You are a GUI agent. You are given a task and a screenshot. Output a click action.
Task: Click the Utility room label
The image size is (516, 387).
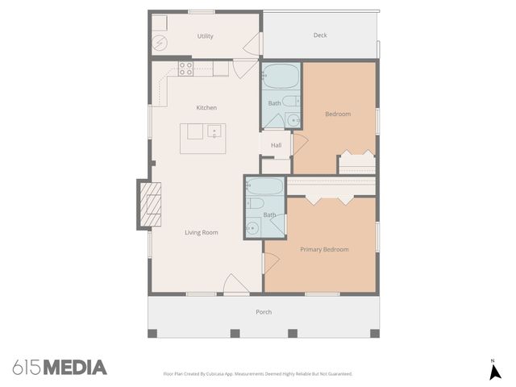tap(205, 36)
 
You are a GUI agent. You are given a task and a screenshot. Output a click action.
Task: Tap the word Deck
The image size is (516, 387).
tap(320, 35)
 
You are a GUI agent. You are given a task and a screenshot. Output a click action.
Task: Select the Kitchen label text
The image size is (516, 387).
tap(206, 108)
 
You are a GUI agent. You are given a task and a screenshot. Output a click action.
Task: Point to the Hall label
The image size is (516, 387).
tap(276, 145)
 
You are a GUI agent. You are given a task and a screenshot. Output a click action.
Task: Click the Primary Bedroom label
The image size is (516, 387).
tap(324, 250)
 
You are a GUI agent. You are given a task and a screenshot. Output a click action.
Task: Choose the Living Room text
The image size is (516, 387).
tap(202, 233)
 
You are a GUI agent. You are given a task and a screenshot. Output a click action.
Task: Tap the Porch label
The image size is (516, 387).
tap(264, 312)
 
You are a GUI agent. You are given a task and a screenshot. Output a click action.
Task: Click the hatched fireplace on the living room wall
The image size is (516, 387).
tap(151, 205)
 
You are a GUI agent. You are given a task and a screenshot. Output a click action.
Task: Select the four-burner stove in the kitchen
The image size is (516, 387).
tap(185, 69)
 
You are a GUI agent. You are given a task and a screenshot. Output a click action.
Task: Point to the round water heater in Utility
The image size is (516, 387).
tap(160, 43)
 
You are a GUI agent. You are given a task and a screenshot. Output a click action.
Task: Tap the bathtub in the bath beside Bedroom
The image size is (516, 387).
tap(281, 78)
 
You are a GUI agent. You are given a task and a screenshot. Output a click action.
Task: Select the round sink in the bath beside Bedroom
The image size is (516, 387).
tap(290, 121)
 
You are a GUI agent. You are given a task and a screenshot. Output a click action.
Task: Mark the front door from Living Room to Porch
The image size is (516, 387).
tap(236, 284)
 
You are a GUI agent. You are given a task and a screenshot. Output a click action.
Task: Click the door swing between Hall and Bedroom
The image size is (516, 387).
tap(299, 145)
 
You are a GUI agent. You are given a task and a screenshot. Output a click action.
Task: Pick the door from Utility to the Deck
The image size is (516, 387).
tap(255, 44)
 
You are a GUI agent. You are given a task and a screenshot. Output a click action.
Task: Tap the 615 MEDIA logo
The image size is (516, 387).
tap(60, 368)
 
